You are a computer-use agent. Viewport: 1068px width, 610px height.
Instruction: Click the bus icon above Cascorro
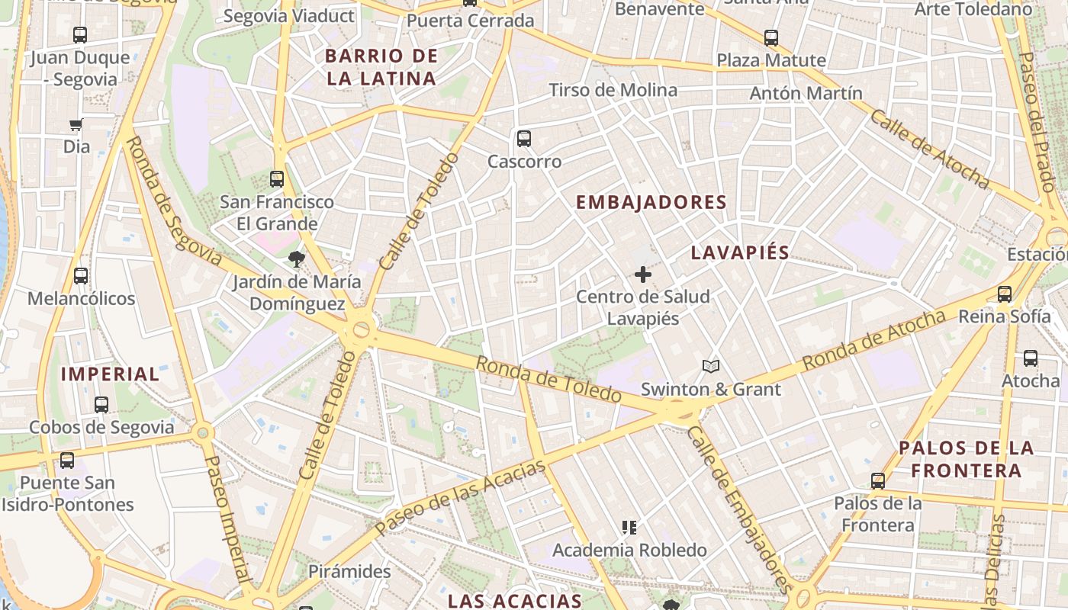tap(523, 139)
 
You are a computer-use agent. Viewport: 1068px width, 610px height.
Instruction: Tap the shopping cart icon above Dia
tap(76, 124)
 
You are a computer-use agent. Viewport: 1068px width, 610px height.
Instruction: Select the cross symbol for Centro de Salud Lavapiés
tap(643, 274)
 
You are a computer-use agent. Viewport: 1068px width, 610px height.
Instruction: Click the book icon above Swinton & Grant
tap(711, 367)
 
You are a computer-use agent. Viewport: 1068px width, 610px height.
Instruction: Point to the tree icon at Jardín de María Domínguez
tap(297, 259)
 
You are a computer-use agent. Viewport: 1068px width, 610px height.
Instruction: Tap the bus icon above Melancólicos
tap(81, 276)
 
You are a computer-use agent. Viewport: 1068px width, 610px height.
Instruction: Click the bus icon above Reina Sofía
tap(1005, 294)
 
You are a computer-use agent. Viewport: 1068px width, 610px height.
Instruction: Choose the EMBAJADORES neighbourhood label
tap(651, 203)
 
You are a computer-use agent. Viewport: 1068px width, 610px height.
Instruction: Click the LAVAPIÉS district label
tap(740, 253)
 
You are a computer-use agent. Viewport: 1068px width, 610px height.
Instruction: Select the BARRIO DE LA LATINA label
tap(381, 67)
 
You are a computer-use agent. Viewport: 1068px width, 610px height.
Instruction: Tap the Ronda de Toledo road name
tap(548, 378)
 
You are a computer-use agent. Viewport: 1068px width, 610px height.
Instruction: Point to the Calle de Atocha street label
tap(928, 149)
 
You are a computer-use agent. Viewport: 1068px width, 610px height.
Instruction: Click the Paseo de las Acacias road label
tap(460, 496)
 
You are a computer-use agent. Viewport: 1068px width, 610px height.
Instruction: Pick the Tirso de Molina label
tap(613, 90)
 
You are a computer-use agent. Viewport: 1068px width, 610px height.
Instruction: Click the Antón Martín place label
tap(806, 93)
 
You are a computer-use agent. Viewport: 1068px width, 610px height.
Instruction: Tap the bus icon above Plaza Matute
tap(771, 38)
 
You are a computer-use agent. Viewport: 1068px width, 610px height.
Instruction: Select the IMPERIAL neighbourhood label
tap(110, 374)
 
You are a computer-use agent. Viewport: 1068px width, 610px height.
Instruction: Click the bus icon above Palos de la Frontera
tap(878, 481)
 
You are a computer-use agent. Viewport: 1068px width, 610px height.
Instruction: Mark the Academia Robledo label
tap(629, 550)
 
